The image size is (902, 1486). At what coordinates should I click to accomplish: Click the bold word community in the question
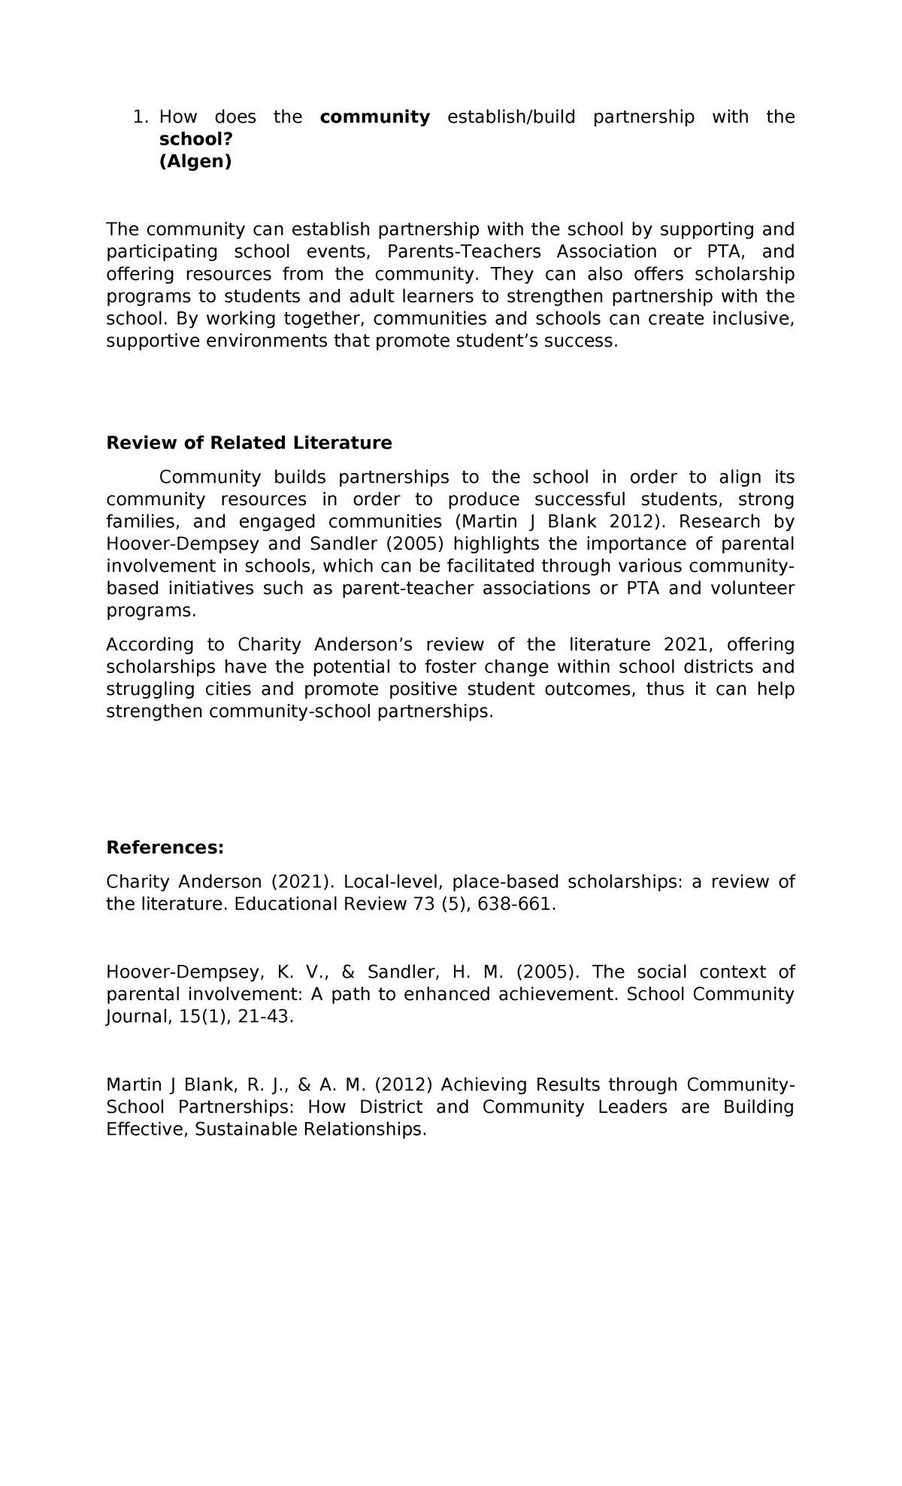(374, 117)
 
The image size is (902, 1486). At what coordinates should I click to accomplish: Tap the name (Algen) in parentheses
(195, 162)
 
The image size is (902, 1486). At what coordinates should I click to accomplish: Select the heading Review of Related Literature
(249, 443)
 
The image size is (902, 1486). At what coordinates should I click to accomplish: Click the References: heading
(165, 848)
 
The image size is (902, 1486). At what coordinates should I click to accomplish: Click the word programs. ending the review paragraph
(151, 611)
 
